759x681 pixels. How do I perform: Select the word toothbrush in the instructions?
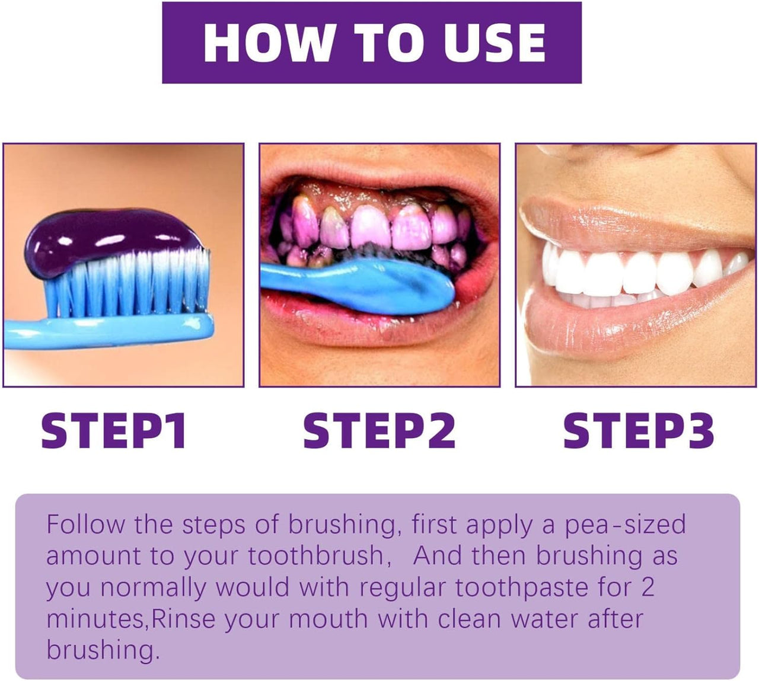click(315, 557)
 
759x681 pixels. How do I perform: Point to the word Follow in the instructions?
click(86, 525)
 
